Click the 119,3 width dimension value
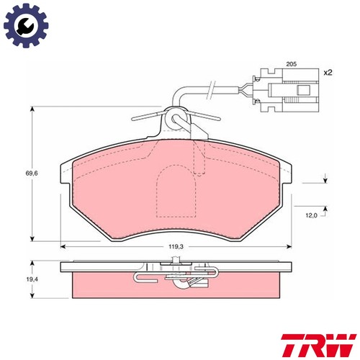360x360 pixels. point(176,246)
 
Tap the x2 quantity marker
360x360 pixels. point(327,73)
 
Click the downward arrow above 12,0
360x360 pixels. point(325,180)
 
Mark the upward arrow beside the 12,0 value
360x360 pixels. point(325,210)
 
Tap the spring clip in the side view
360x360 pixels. point(176,277)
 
